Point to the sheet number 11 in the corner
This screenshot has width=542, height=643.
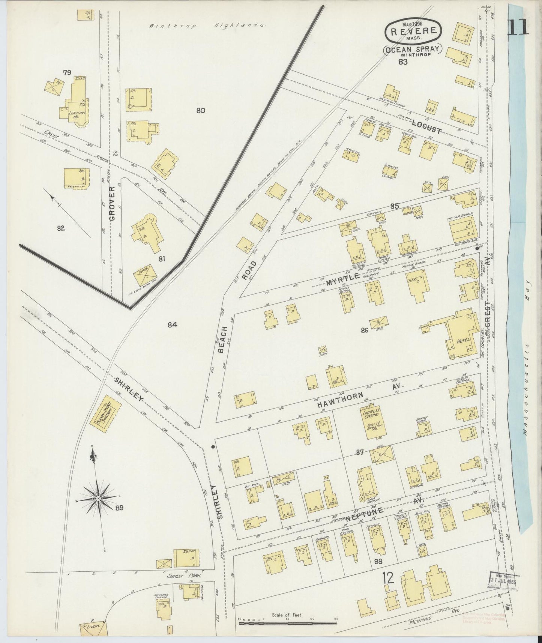coord(518,27)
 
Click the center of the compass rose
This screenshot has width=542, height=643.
coord(98,498)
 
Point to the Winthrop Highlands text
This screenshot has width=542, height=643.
coord(207,26)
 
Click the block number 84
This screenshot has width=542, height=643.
coord(172,325)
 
